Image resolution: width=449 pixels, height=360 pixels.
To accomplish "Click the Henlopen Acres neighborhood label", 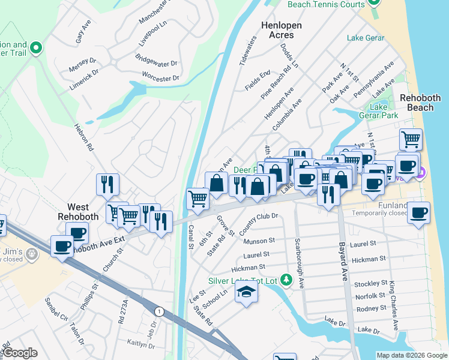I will (281, 31).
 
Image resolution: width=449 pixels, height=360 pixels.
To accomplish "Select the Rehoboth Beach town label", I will (420, 103).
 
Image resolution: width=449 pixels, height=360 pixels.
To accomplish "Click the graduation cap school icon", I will (246, 293).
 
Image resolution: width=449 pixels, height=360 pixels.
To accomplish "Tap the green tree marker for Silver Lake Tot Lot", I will (286, 280).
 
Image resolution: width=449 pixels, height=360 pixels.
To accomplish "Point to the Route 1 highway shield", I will (158, 311).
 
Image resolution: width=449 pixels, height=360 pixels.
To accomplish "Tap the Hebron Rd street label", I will (84, 137).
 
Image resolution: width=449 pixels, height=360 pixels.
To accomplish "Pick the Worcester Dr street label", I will (160, 78).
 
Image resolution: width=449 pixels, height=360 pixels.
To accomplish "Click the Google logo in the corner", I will (20, 353).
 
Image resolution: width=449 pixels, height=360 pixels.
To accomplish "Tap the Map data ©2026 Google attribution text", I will (411, 355).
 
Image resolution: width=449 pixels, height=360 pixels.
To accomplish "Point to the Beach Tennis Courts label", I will (326, 4).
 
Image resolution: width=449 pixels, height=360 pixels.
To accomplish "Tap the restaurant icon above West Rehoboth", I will (108, 184).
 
